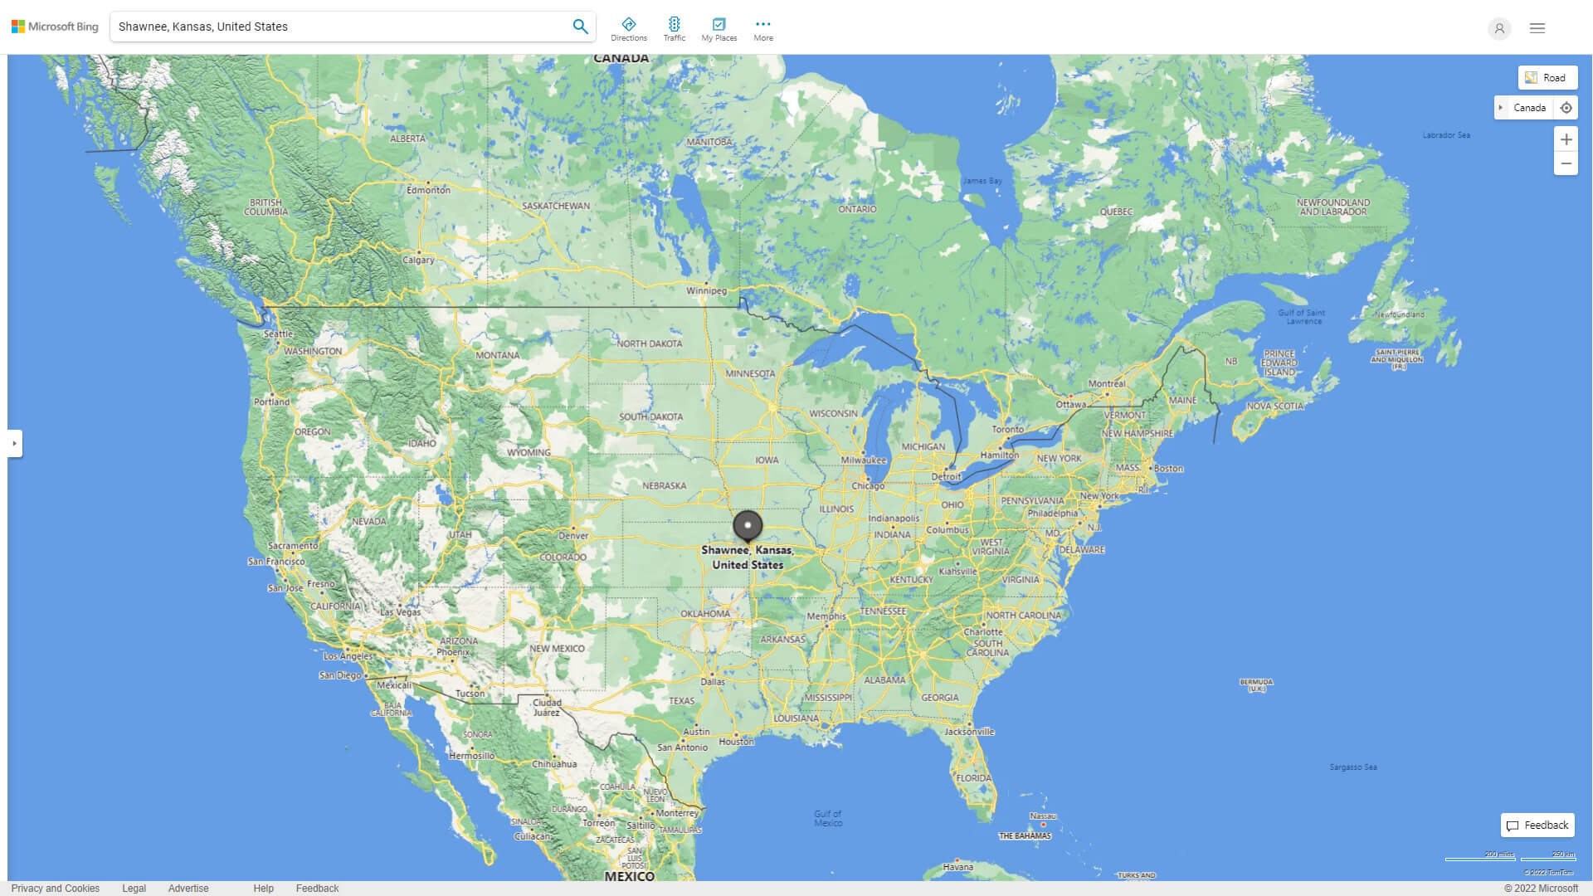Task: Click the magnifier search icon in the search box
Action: [x=580, y=27]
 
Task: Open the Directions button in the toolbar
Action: [x=628, y=29]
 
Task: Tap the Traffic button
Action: [x=674, y=29]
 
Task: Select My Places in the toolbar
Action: [x=719, y=29]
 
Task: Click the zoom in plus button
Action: [x=1566, y=139]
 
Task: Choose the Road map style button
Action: [x=1547, y=78]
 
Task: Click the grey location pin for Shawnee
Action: [x=748, y=525]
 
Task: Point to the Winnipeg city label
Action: [x=706, y=291]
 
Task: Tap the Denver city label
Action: [x=573, y=536]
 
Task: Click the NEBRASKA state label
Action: [x=664, y=486]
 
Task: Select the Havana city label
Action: [x=957, y=867]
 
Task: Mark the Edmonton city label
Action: [x=428, y=190]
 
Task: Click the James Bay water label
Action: [x=982, y=181]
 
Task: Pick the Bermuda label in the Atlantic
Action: [x=1256, y=685]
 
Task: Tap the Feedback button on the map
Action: [x=1537, y=825]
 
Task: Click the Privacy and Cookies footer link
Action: [x=56, y=889]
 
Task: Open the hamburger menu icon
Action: [x=1537, y=28]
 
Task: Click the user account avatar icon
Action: [x=1499, y=28]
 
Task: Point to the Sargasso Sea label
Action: [x=1352, y=767]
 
